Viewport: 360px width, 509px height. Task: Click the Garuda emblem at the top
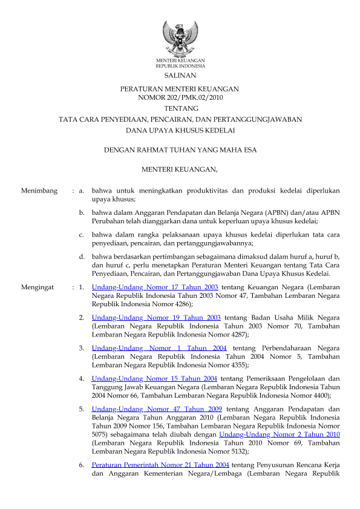(x=180, y=38)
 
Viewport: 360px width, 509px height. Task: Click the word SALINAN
(x=180, y=76)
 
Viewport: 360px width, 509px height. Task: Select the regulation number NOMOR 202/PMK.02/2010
(x=180, y=97)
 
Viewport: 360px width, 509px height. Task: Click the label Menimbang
(x=39, y=191)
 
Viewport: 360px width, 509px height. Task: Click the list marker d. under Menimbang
(x=82, y=257)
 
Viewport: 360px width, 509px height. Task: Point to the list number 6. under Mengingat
(x=82, y=465)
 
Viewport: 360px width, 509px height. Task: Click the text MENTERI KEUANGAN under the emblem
(x=180, y=61)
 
